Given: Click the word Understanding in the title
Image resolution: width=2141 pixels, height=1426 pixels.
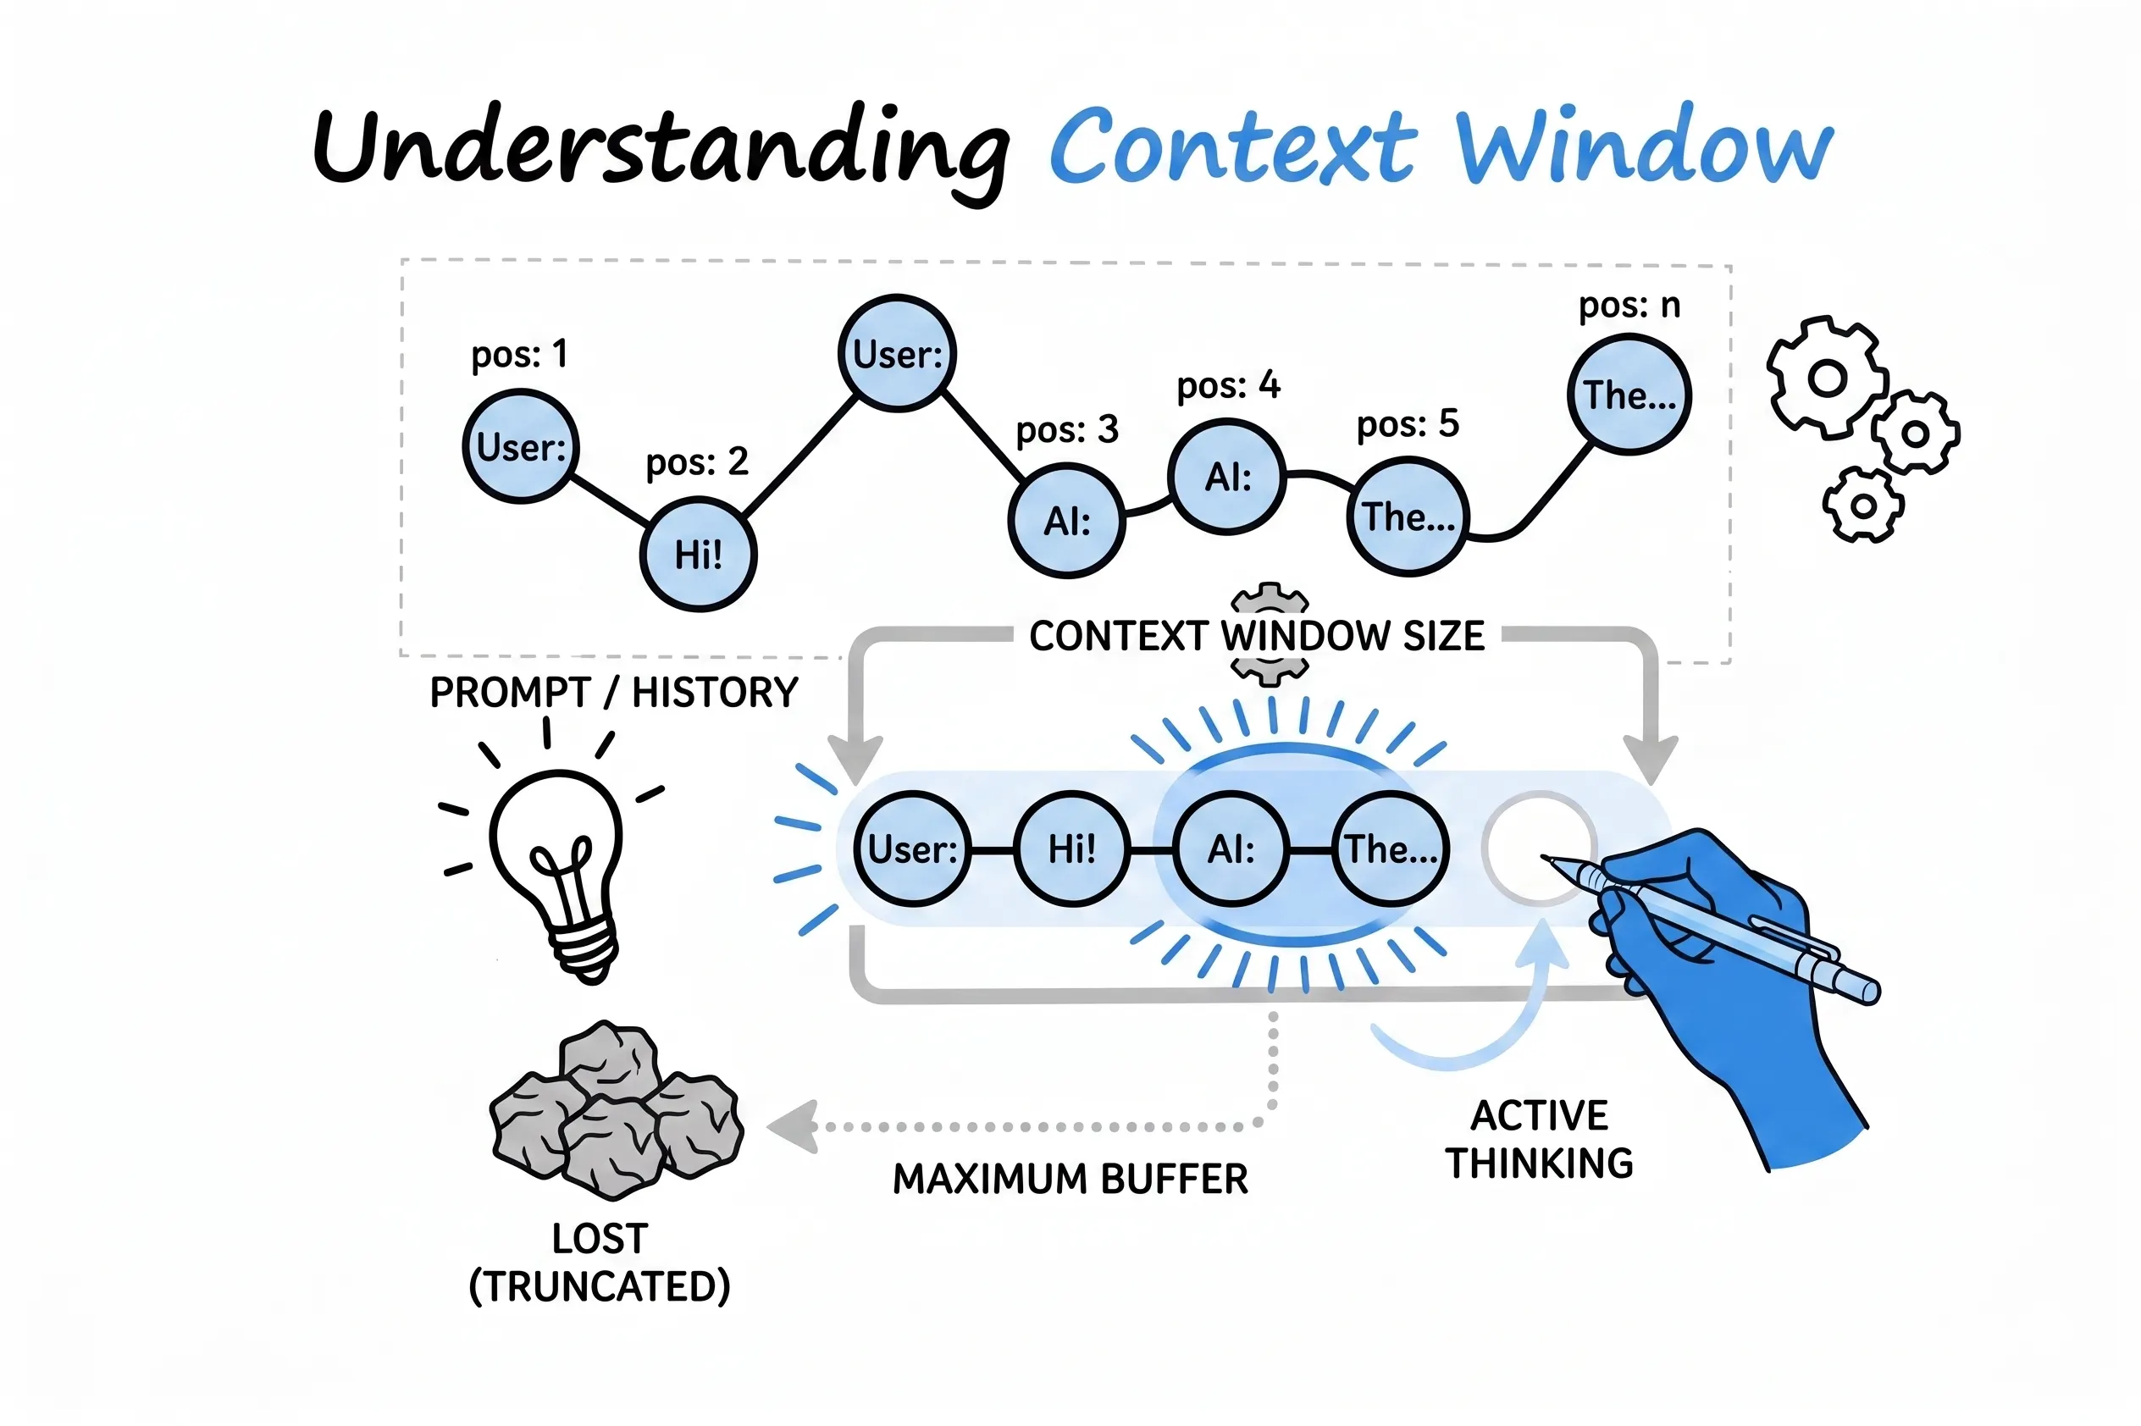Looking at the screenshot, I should tap(661, 150).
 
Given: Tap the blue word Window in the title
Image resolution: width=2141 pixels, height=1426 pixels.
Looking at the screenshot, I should tap(1644, 146).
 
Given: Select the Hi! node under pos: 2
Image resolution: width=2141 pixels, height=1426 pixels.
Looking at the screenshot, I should tap(698, 554).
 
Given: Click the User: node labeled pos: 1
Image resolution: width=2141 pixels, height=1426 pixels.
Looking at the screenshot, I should tap(520, 446).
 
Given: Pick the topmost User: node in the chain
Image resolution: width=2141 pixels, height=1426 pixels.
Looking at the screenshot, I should tap(897, 354).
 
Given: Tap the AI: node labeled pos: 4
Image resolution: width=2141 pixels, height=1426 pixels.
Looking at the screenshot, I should tap(1227, 477).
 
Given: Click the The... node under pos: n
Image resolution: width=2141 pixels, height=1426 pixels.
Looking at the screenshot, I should tap(1629, 395).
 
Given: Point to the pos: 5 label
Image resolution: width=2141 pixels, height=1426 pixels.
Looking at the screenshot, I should tap(1407, 423).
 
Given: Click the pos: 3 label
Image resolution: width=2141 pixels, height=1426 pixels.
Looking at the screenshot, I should tap(1066, 429).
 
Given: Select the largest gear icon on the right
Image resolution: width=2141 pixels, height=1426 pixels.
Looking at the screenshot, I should tap(1826, 379).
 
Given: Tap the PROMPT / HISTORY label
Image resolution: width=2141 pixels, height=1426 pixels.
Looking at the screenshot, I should tap(613, 693).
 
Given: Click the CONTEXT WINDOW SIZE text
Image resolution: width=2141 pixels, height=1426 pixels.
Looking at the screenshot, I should tap(1256, 636).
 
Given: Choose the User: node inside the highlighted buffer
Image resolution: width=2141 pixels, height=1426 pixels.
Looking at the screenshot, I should tap(912, 849).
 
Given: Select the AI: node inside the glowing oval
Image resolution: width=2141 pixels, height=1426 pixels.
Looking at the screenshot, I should tap(1231, 849).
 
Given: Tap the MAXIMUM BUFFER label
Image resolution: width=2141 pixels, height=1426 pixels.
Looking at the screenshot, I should tap(1070, 1180).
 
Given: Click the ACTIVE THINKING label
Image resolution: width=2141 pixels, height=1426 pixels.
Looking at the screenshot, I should tap(1539, 1140).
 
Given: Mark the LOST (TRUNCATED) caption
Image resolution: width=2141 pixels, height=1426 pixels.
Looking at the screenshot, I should tap(600, 1263).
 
